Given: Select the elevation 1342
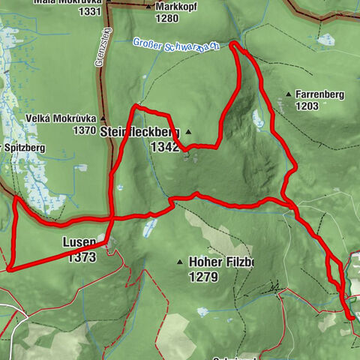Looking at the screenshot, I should [165, 147].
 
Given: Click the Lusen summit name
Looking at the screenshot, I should [80, 244].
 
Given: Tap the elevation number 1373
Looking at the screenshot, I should [82, 258].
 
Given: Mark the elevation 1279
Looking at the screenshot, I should [202, 277].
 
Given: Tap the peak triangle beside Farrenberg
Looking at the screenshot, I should [289, 94].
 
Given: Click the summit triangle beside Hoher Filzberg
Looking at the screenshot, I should [180, 262].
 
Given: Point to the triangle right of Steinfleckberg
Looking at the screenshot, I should [188, 133].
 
